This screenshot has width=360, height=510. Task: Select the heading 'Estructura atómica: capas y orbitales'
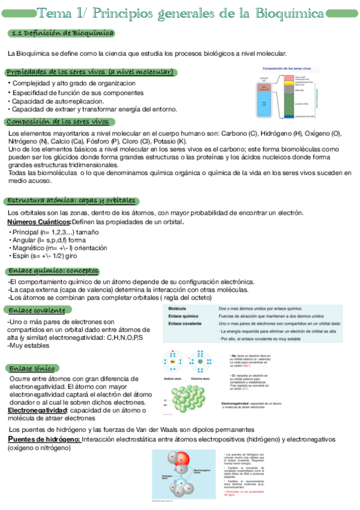click(x=72, y=201)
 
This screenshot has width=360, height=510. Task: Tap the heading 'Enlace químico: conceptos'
click(x=53, y=271)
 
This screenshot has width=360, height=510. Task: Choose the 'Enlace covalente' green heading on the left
click(x=37, y=310)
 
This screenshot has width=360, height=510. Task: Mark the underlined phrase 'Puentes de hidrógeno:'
click(x=44, y=440)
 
